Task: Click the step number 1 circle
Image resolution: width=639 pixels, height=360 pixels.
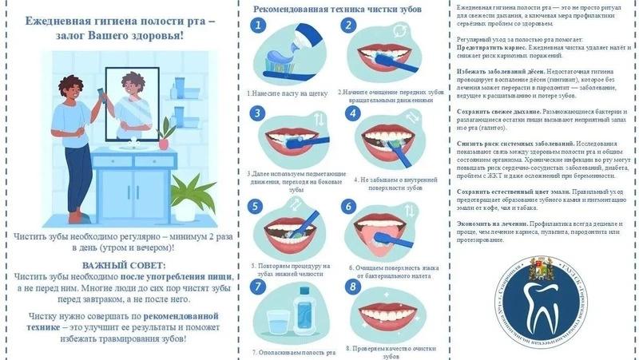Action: pyautogui.click(x=257, y=26)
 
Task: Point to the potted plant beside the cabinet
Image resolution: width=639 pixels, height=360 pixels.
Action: pyautogui.click(x=189, y=196)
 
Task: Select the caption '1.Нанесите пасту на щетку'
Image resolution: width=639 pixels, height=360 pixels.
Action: pyautogui.click(x=288, y=93)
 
